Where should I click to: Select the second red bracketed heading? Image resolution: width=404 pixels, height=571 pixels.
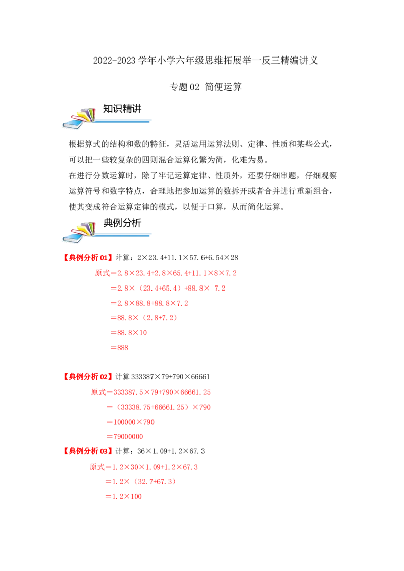click(x=87, y=376)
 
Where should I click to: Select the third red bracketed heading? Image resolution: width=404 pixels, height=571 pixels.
click(x=87, y=450)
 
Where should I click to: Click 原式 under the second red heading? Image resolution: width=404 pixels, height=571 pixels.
click(x=97, y=392)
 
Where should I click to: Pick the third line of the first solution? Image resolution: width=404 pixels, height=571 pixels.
click(x=149, y=303)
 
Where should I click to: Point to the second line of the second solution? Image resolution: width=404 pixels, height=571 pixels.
click(x=159, y=407)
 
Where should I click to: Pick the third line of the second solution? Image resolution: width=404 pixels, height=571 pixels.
click(x=130, y=422)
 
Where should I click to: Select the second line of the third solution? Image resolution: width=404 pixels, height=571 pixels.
click(x=141, y=482)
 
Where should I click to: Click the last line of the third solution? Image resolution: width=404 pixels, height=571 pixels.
click(x=125, y=496)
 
